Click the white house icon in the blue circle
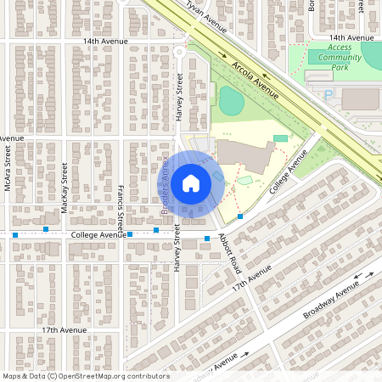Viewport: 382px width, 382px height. tap(190, 183)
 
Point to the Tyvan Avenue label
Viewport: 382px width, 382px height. tap(205, 16)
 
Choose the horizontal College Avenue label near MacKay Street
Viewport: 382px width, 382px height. tap(98, 235)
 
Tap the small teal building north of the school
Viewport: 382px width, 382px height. tap(280, 138)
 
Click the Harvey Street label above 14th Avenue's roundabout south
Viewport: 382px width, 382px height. tap(179, 95)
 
